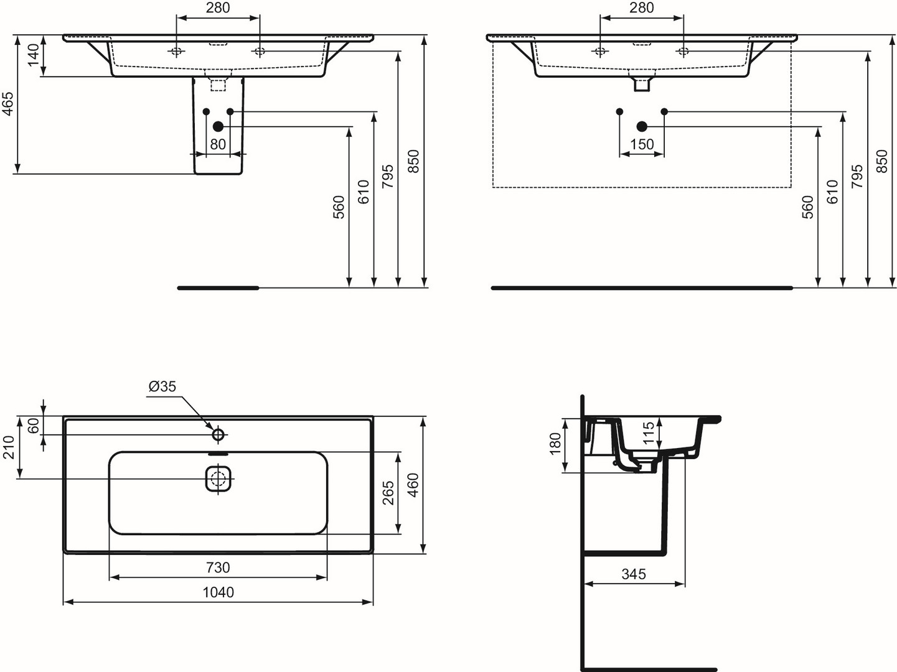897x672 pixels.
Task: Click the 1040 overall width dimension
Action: tap(218, 592)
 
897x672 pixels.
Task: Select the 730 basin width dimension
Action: tap(218, 567)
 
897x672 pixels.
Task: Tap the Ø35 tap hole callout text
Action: tap(162, 386)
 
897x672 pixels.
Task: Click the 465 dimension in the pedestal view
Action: tap(8, 104)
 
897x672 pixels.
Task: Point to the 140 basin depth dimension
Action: tap(33, 55)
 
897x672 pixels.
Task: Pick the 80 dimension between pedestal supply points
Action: tap(218, 144)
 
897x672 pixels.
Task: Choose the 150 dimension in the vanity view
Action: tap(642, 144)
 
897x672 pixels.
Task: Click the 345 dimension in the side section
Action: tap(634, 574)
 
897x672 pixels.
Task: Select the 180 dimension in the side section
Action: tap(555, 444)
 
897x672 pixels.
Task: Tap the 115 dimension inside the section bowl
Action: tap(649, 433)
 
